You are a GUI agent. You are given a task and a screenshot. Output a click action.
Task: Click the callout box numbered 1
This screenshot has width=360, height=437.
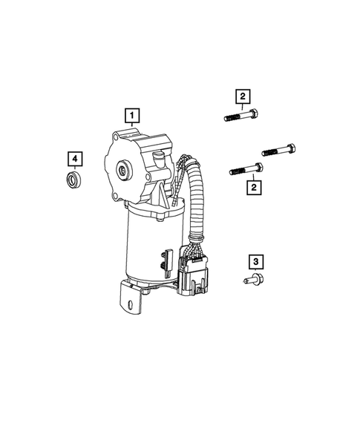point(131,115)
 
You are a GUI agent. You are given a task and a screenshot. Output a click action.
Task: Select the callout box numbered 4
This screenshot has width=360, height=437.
point(74,159)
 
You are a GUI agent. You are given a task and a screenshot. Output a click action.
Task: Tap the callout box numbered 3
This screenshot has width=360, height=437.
point(255,261)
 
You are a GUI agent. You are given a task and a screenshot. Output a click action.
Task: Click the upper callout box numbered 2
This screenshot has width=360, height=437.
point(242,96)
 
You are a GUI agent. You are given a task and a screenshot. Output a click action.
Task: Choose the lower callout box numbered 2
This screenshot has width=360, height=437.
point(254,188)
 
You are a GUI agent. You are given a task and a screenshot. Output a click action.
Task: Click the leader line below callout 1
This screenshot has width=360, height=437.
point(131,128)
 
